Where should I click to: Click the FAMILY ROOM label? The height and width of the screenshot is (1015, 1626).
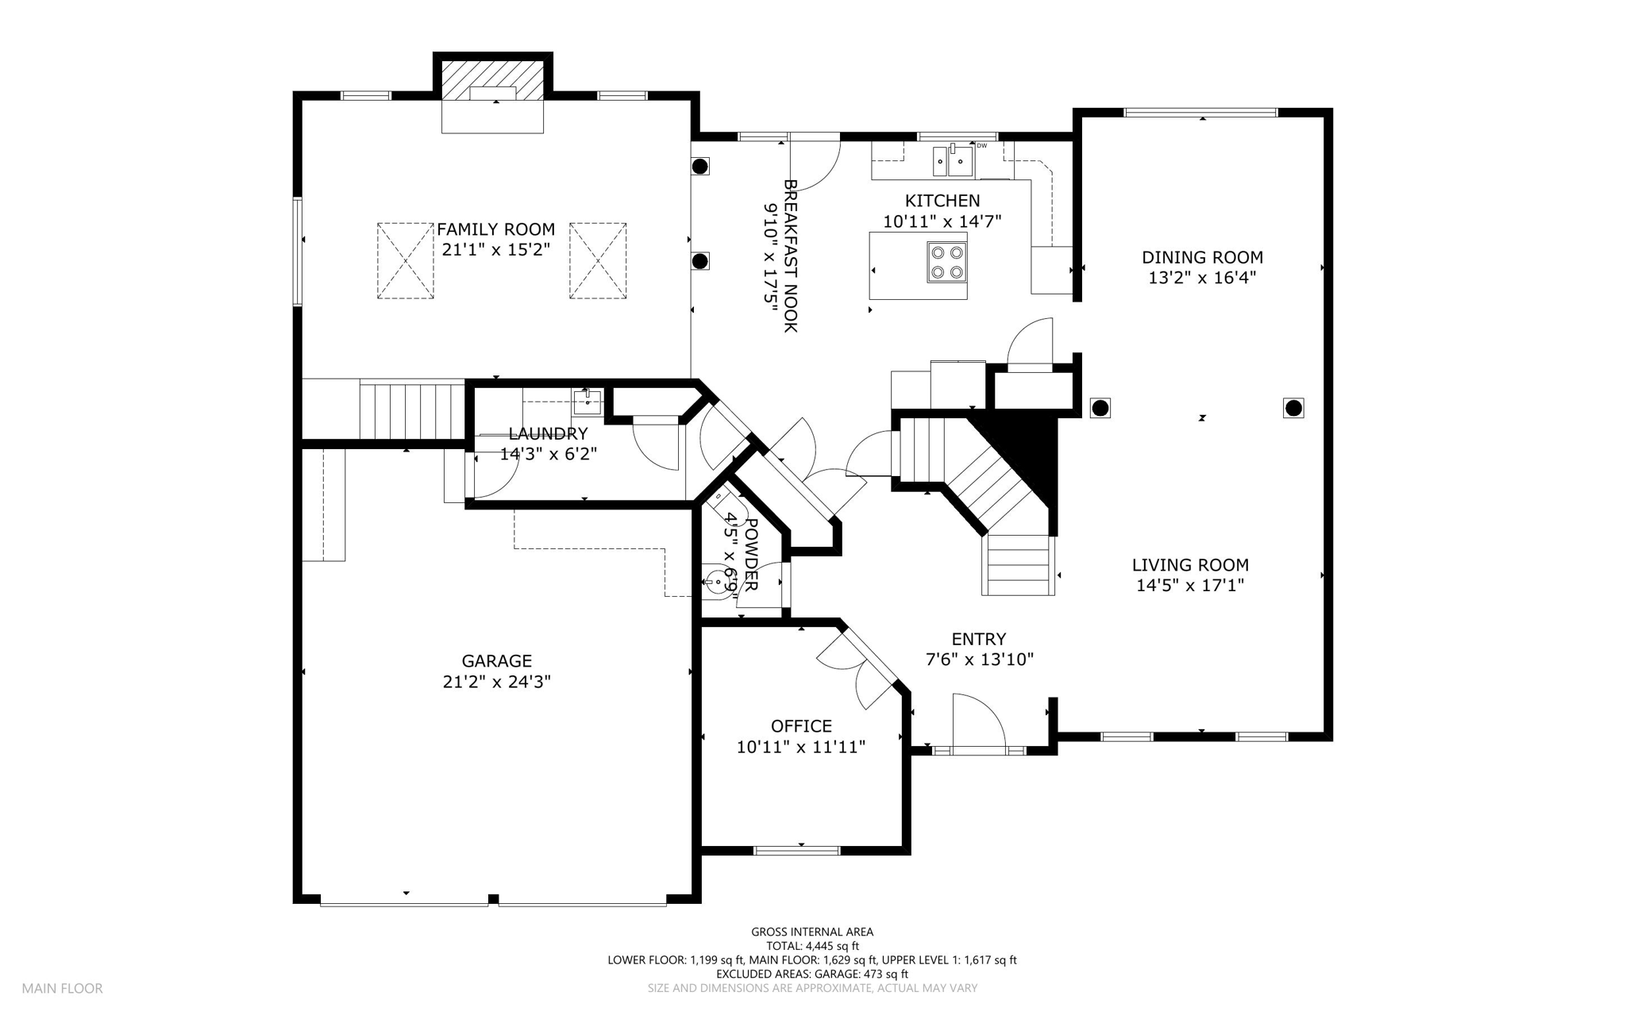coord(495,230)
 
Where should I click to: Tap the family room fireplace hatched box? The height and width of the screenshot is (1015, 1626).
coord(492,79)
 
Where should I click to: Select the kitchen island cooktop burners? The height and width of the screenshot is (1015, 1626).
coord(946,263)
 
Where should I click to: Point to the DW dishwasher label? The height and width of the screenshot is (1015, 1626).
coord(982,145)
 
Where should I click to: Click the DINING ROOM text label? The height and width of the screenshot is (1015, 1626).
coord(1202,257)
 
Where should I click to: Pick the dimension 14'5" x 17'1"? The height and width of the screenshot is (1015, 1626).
coord(1190,586)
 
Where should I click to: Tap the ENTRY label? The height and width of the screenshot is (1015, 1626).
coord(979,639)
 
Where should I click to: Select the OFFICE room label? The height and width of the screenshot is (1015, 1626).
coord(801,726)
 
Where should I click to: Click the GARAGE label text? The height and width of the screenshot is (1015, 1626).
coord(497,661)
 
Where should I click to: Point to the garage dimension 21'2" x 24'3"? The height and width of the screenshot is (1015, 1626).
coord(497,682)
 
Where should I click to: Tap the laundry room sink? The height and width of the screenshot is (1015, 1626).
coord(587,403)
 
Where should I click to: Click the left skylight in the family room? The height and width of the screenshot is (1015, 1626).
coord(406,261)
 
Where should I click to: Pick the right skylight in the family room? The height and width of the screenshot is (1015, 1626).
coord(598,261)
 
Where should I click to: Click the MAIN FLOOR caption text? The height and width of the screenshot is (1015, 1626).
coord(62,989)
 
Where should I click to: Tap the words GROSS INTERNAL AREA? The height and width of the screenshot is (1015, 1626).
coord(812,932)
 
